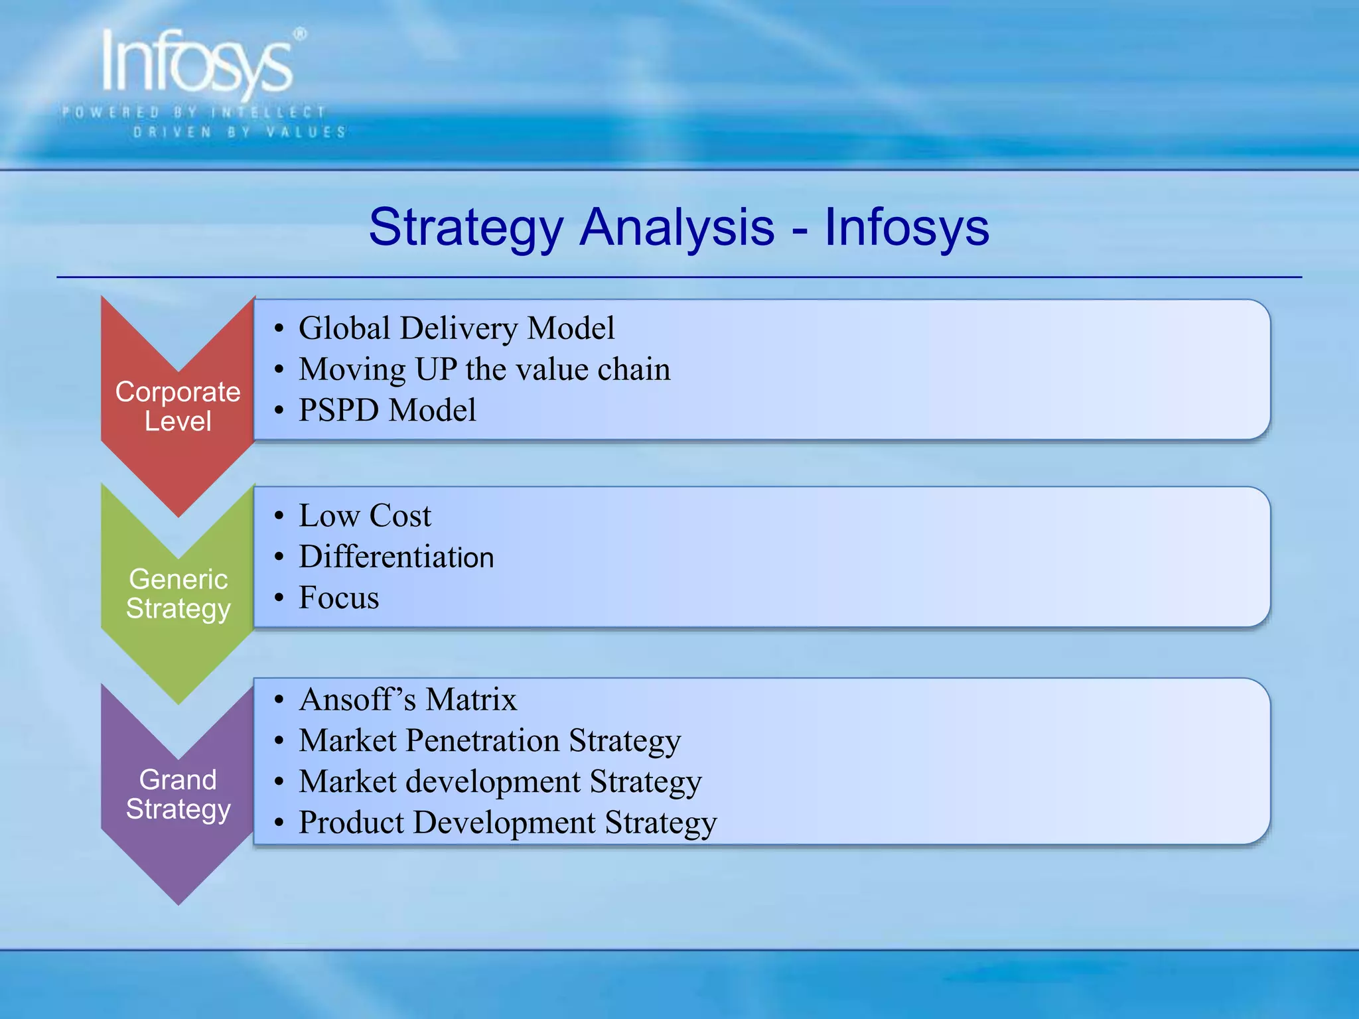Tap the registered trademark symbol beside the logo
pos(300,34)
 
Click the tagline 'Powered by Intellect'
pos(193,112)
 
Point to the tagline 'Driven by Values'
pos(240,132)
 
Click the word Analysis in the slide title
pos(677,228)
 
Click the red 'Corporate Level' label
pos(178,406)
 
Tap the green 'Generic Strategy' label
pos(178,594)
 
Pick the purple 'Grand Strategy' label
pos(178,794)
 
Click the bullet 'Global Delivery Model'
pos(457,328)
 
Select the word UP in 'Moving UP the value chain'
pos(436,370)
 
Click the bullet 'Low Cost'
pos(365,516)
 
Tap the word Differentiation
pos(396,557)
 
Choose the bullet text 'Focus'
pos(338,598)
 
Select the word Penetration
pos(482,740)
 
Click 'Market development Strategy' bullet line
pos(500,781)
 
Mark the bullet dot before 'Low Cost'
pos(279,516)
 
